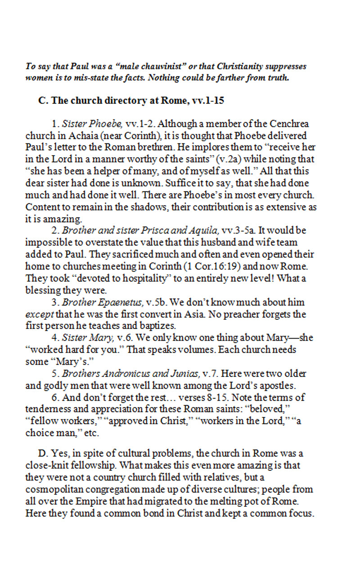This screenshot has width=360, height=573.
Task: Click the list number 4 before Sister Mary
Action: tap(54, 338)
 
